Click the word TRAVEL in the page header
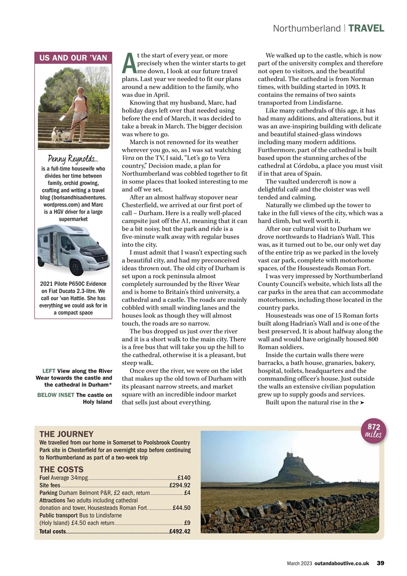click(366, 28)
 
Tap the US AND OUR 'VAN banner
click(73, 58)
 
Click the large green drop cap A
click(129, 63)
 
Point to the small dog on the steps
click(58, 134)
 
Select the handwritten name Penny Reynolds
click(73, 159)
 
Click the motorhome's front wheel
click(77, 267)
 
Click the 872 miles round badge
click(373, 431)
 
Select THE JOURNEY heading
click(67, 434)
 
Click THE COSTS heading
click(62, 469)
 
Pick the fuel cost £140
click(184, 477)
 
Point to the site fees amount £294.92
click(180, 485)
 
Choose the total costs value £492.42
click(180, 531)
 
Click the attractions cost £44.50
click(182, 508)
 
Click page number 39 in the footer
click(380, 563)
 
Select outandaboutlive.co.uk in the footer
click(342, 563)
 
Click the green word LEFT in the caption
click(49, 371)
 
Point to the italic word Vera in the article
click(129, 158)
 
